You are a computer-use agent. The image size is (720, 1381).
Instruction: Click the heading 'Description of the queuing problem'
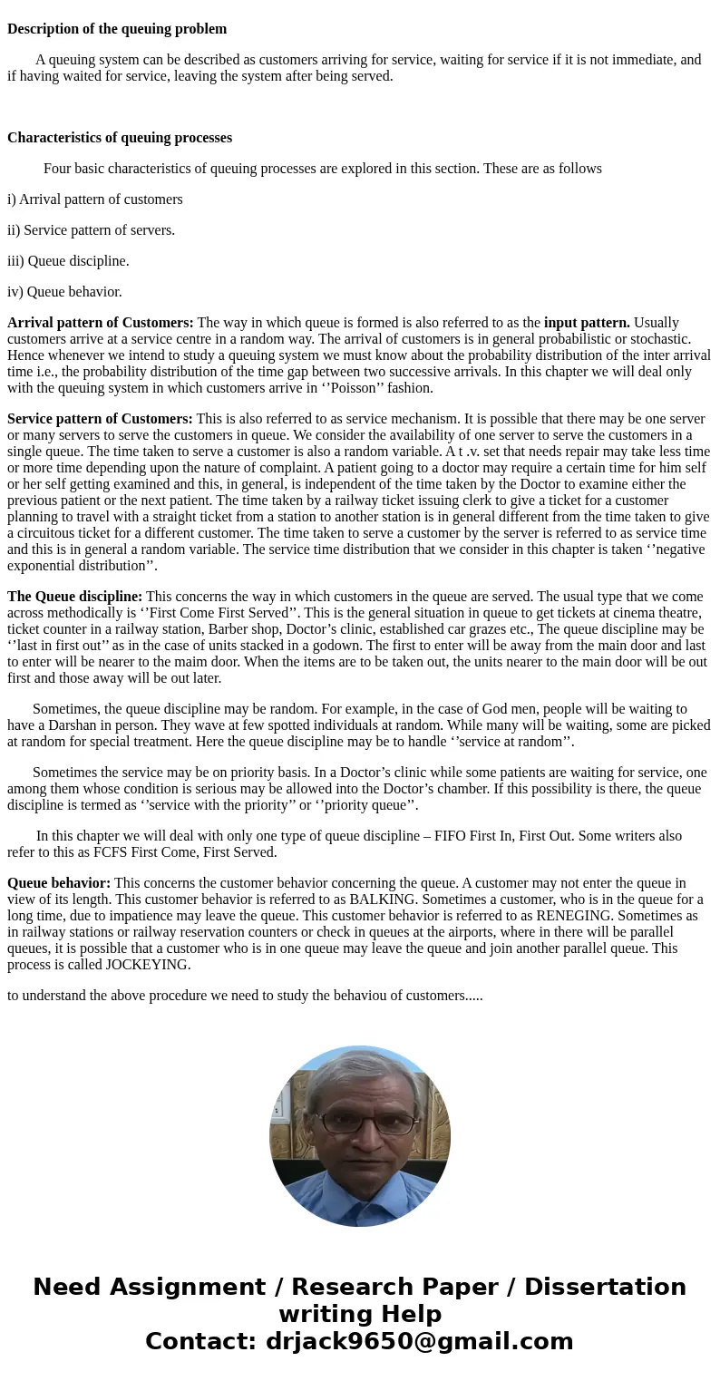[117, 29]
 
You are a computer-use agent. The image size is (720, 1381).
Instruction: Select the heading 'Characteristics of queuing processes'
[120, 138]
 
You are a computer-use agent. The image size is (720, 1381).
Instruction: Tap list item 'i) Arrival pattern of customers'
[95, 199]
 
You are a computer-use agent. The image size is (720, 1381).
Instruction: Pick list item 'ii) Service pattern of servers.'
[91, 230]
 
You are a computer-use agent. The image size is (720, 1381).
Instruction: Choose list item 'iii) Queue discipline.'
[68, 261]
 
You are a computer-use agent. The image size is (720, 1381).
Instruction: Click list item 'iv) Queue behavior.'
[64, 292]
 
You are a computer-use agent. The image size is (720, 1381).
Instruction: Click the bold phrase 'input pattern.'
[587, 323]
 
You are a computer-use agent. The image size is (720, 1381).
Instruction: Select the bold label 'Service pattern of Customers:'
[100, 419]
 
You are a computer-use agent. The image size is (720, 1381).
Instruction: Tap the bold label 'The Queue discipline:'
[74, 597]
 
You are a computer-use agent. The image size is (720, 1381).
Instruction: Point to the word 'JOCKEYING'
[148, 965]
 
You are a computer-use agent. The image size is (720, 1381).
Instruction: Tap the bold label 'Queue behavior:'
[59, 883]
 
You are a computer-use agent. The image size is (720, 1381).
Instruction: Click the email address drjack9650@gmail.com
[419, 1341]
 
